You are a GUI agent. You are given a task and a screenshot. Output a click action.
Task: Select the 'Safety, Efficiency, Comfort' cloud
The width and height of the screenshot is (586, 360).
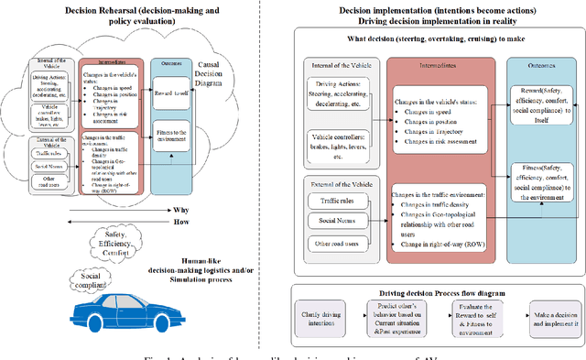(118, 243)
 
